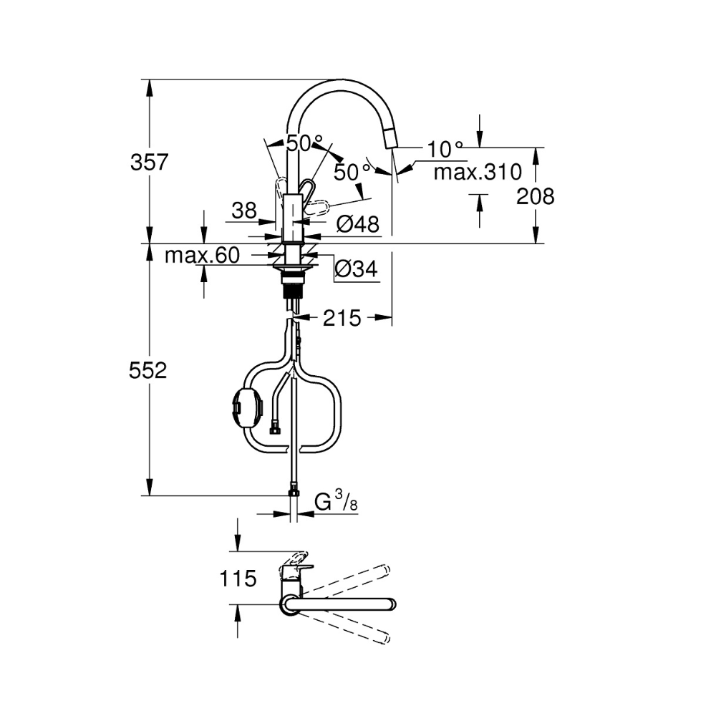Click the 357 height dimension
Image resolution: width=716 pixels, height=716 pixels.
point(150,162)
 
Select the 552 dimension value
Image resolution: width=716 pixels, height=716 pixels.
point(148,370)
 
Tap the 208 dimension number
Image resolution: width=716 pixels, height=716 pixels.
point(535,196)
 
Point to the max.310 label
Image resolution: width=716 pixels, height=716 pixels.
point(478,172)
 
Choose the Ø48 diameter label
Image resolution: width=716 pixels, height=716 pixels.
point(358,224)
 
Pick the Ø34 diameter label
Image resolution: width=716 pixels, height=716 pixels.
point(356,269)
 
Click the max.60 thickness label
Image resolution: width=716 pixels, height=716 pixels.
point(203,256)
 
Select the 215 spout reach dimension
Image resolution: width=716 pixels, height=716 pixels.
point(342,318)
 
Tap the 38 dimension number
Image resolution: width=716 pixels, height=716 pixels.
point(244,211)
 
